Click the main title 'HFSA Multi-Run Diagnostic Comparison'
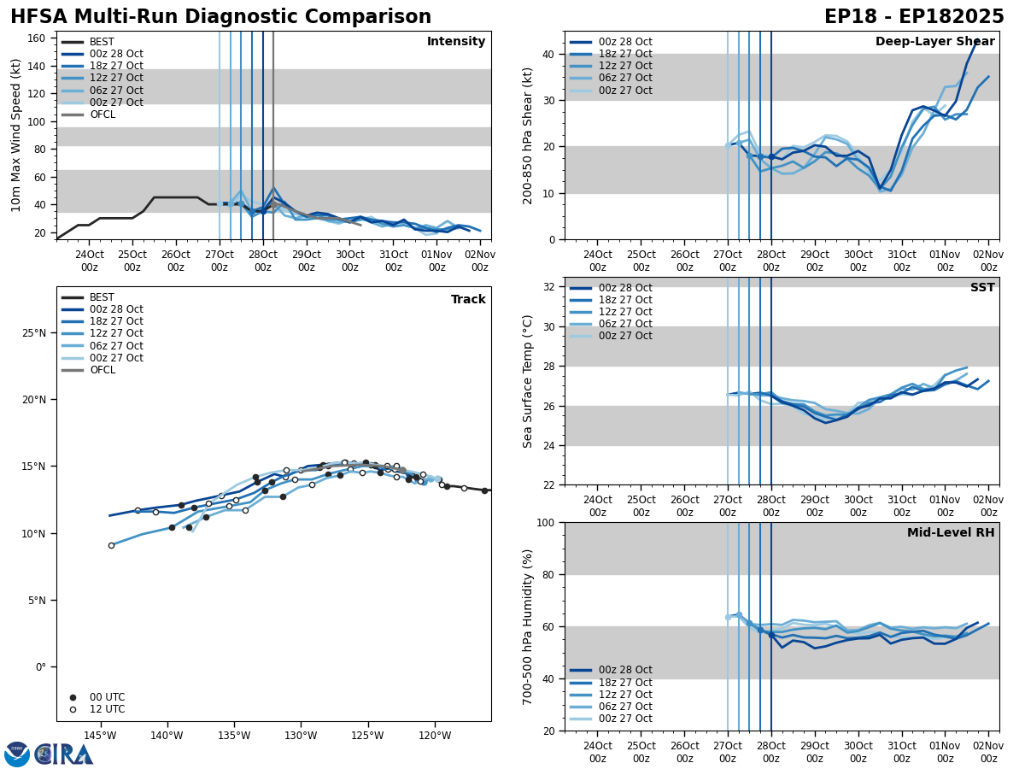click(220, 17)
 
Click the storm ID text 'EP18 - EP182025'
click(914, 17)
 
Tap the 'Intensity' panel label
click(456, 42)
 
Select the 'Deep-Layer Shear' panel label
click(934, 42)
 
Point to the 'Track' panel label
click(468, 300)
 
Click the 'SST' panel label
click(982, 289)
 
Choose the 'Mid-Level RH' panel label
click(951, 533)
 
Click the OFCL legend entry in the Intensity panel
click(102, 114)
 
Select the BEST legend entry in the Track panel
click(102, 297)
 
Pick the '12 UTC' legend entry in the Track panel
click(107, 709)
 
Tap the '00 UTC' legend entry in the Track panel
click(107, 697)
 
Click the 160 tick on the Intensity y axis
click(37, 38)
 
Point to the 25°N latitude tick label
click(34, 333)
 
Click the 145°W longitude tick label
click(100, 736)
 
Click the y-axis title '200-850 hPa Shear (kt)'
click(529, 135)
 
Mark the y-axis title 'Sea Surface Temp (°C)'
click(529, 381)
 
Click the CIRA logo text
click(64, 754)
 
